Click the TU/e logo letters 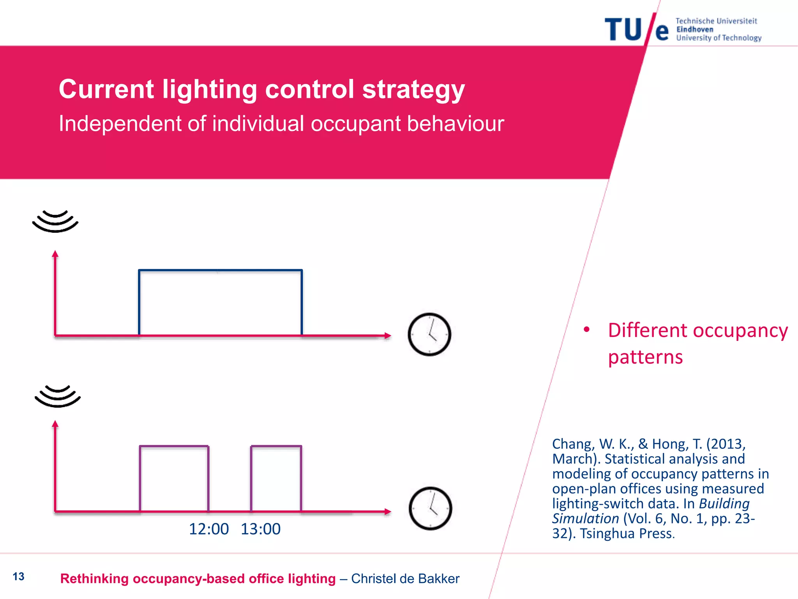636,29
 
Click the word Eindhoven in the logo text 695,30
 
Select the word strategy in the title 413,90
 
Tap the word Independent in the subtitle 120,124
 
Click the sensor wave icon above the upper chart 55,221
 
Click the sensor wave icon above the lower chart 58,396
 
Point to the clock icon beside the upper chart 429,335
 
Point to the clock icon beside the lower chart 430,509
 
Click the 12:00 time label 209,529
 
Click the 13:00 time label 261,529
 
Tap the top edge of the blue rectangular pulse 221,270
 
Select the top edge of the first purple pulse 174,446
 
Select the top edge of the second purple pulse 276,446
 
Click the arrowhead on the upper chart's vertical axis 55,254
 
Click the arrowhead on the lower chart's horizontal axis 387,511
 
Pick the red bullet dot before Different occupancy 587,330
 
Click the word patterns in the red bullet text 645,357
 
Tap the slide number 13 18,576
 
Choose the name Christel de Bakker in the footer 405,579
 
